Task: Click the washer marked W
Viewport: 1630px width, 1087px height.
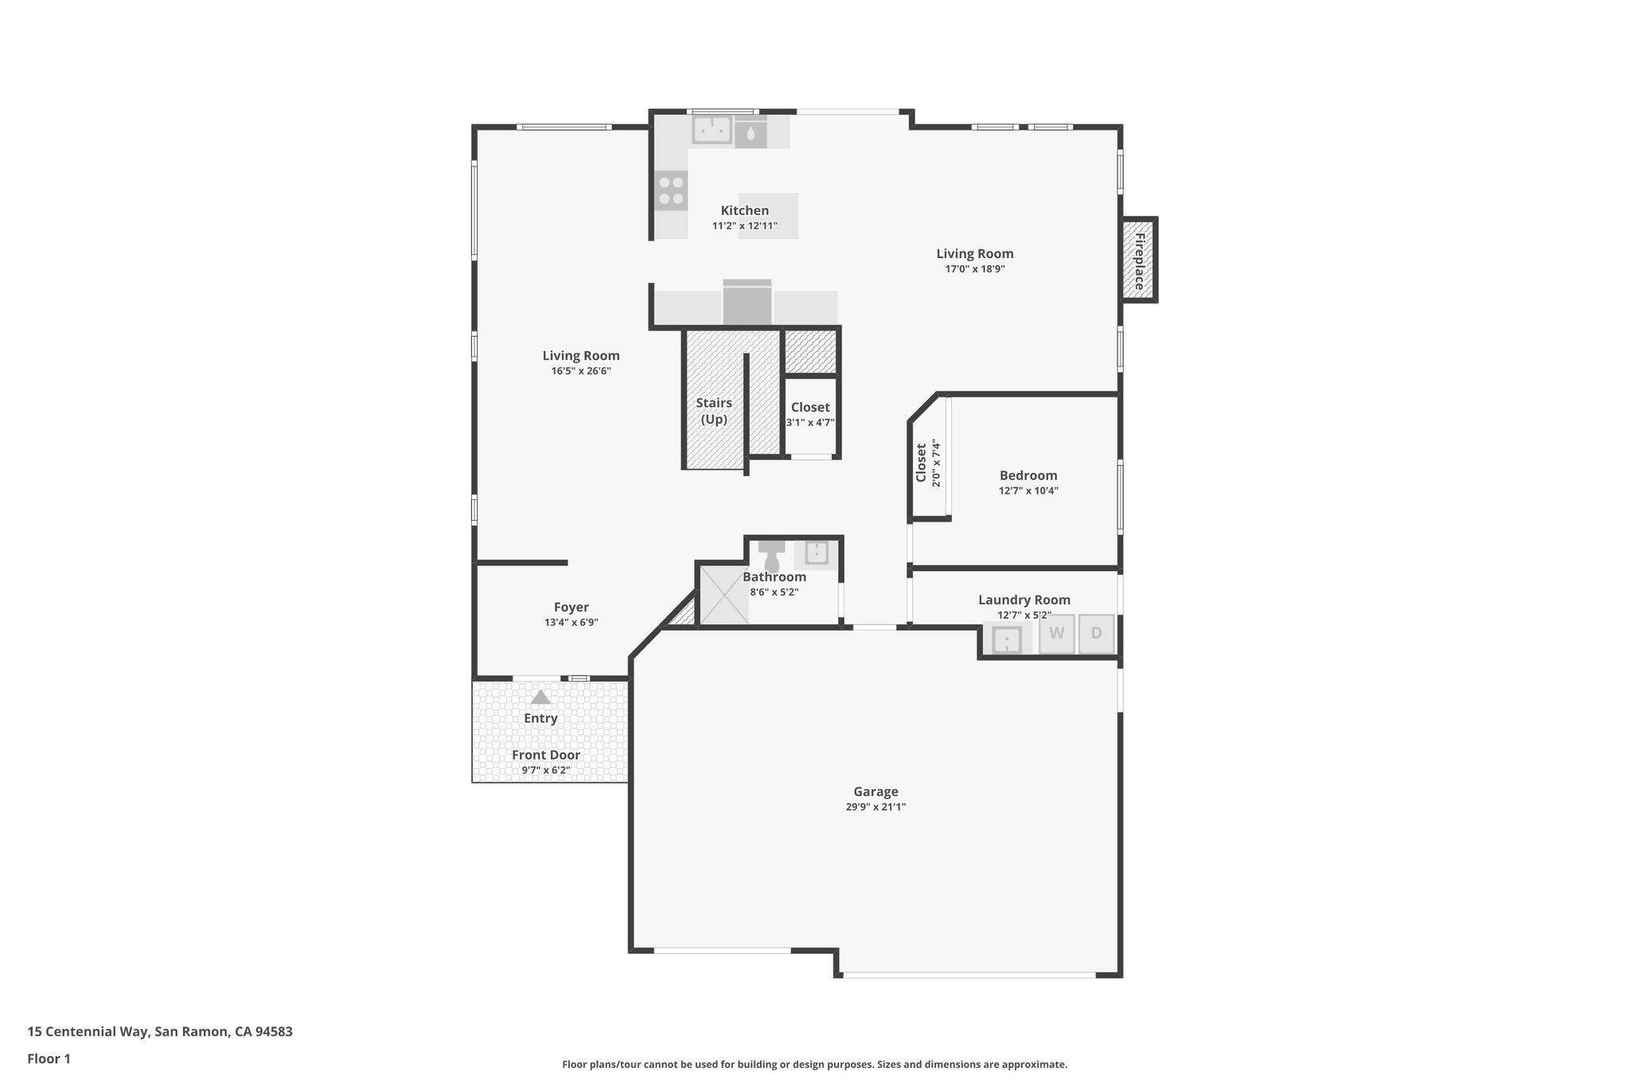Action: coord(1056,634)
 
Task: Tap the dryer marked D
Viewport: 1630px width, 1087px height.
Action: coord(1096,634)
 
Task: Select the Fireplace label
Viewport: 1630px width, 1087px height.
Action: coord(1139,260)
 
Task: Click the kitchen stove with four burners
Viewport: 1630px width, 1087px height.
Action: coord(672,190)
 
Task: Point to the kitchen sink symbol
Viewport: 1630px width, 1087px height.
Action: coord(712,129)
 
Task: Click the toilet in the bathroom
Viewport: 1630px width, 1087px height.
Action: coord(771,556)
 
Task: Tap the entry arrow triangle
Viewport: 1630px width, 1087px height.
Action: coord(540,698)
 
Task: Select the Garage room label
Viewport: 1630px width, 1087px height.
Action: coord(875,792)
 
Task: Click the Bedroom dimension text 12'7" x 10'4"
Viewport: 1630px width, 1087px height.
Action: coord(1028,491)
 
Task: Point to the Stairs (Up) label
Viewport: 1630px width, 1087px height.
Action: coord(714,411)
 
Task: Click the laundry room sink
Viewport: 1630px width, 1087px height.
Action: coord(1007,639)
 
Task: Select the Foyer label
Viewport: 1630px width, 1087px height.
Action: coord(571,608)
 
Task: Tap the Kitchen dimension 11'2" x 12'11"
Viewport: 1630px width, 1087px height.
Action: coord(744,226)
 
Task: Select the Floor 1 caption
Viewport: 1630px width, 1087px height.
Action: coord(49,1059)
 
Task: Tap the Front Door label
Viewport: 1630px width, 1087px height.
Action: coord(546,755)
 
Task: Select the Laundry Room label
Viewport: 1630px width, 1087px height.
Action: coord(1024,600)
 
